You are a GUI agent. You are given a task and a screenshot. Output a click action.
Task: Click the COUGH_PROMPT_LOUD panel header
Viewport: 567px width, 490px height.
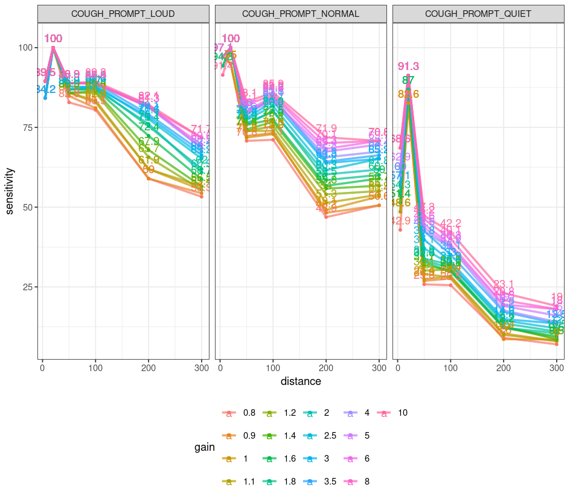click(124, 14)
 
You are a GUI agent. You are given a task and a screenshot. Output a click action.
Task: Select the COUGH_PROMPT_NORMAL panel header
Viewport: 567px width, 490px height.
click(301, 14)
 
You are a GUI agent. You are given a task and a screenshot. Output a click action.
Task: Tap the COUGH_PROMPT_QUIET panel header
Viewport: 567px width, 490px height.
click(478, 14)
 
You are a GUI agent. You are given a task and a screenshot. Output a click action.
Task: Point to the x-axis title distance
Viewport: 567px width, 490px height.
click(301, 381)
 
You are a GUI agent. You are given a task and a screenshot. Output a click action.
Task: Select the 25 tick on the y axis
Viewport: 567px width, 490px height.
click(25, 287)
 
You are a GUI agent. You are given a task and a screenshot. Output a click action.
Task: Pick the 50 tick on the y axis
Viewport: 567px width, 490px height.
click(25, 207)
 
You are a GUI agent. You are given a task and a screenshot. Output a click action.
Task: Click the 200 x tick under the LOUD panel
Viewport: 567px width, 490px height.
click(149, 367)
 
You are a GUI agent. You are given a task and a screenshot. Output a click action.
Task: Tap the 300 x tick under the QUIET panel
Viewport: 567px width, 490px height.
click(557, 367)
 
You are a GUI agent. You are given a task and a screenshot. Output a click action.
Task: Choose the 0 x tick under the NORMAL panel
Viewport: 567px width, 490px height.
click(220, 367)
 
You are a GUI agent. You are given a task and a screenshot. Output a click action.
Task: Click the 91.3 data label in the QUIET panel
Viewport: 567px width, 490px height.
click(408, 66)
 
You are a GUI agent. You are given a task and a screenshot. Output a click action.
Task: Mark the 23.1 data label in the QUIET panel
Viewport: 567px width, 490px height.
click(504, 284)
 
